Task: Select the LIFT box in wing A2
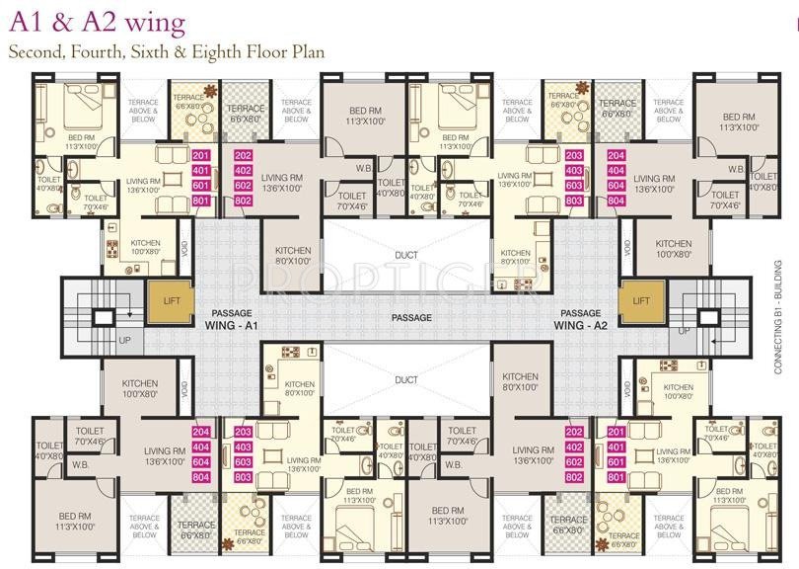tap(640, 300)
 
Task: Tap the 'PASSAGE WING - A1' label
tap(231, 317)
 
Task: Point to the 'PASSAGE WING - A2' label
tap(580, 317)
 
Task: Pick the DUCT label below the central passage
tap(405, 379)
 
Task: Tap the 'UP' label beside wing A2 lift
tap(685, 331)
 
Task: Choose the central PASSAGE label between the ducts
tap(410, 317)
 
